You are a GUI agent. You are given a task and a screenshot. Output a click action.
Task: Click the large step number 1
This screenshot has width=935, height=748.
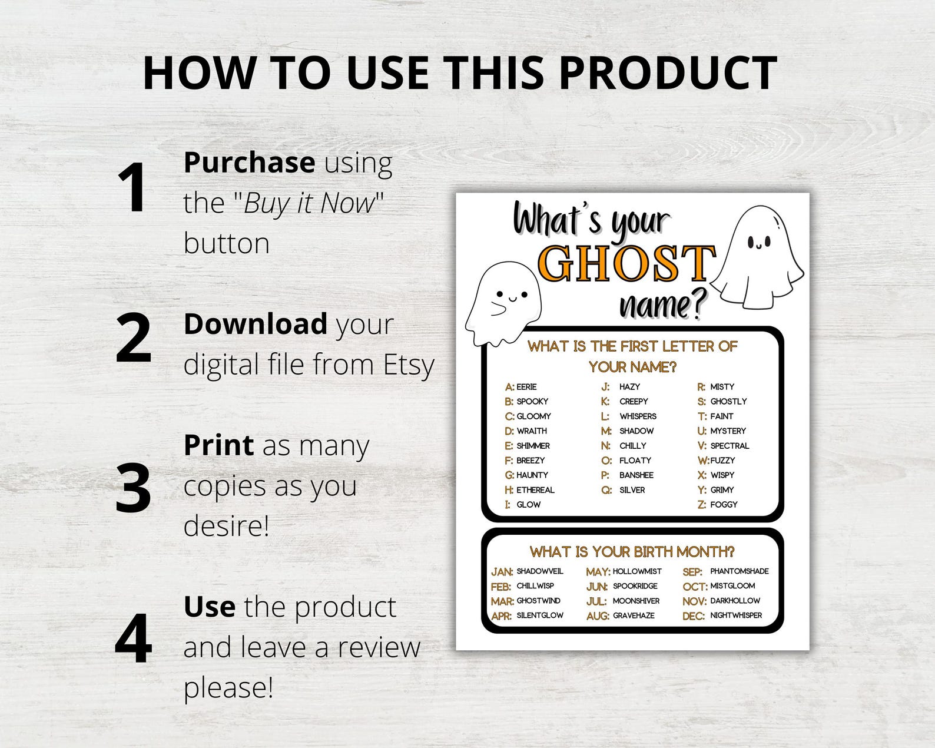[x=133, y=188]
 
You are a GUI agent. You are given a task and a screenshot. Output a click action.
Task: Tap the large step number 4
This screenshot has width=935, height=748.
[x=134, y=640]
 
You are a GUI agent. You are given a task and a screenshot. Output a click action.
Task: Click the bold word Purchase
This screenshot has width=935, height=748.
[x=249, y=163]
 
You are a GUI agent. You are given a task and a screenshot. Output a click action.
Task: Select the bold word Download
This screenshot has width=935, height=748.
[x=255, y=325]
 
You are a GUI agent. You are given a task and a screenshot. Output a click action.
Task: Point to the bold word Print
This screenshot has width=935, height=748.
[x=218, y=445]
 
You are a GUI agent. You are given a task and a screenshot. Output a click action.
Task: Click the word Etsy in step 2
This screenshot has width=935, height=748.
[x=409, y=365]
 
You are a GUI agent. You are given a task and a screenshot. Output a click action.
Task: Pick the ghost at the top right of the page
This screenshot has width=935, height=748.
[x=758, y=256]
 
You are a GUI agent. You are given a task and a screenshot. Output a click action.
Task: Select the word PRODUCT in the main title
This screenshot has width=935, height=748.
[x=668, y=73]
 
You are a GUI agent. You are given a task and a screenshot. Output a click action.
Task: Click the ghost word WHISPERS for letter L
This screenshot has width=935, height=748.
[x=638, y=416]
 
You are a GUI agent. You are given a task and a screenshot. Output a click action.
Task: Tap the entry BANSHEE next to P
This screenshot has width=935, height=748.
[x=636, y=475]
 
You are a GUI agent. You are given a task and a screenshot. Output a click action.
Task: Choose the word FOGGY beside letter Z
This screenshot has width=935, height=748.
[x=724, y=505]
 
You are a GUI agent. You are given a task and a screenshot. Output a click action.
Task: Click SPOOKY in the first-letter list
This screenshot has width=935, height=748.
[x=532, y=402]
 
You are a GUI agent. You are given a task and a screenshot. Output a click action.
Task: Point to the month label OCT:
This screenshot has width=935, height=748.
[x=695, y=587]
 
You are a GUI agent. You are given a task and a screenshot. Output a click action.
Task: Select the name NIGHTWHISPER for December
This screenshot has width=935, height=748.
[x=736, y=615]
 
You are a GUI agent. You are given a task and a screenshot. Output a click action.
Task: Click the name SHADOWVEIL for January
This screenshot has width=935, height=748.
[x=539, y=571]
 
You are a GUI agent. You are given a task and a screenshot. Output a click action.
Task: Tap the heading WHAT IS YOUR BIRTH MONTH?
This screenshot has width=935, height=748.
[x=632, y=552]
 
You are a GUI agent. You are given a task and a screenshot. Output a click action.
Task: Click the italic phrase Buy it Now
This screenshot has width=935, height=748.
[x=309, y=204]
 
